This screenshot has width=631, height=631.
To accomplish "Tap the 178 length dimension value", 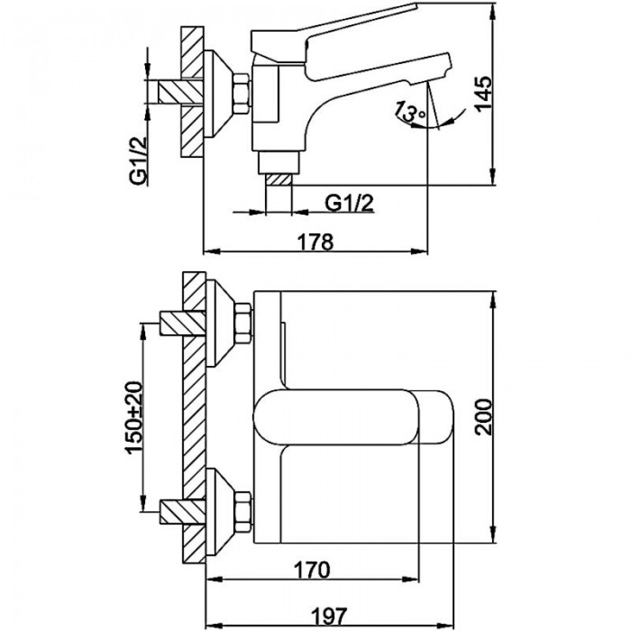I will pos(315,241).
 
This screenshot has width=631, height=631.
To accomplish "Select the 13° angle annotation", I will pos(410,114).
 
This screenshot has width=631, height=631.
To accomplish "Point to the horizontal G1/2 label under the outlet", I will pos(350,204).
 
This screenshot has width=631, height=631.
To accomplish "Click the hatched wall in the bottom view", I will pos(193,415).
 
